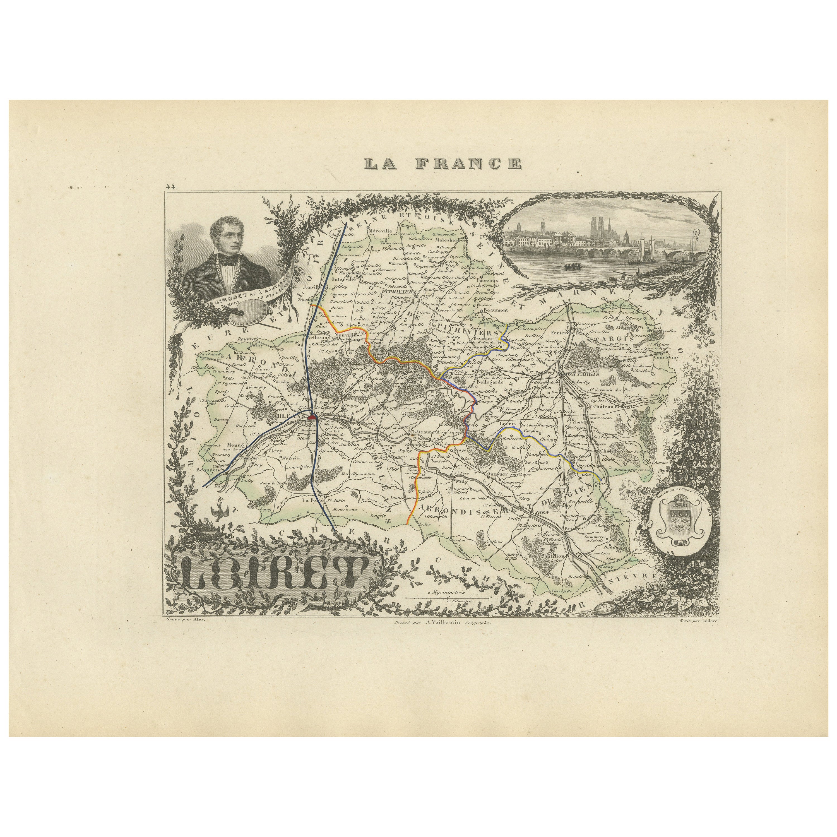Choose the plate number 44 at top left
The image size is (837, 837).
[169, 187]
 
